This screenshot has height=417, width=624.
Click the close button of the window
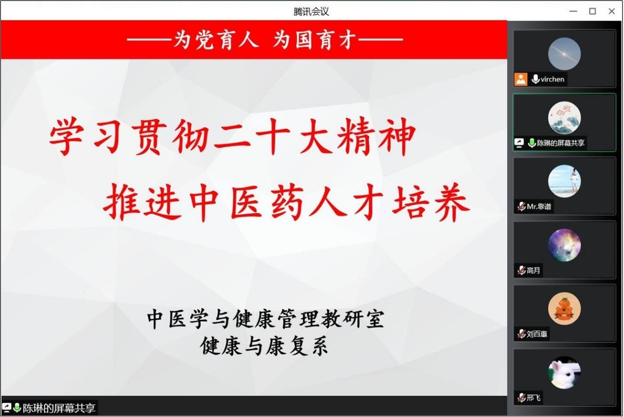[x=611, y=11]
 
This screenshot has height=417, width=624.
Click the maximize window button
[x=593, y=11]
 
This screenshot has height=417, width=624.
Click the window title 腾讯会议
[x=311, y=12]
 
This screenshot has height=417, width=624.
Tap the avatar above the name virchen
[x=564, y=54]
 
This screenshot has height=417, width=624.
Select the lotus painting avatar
[x=564, y=118]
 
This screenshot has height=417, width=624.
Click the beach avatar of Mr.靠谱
[x=564, y=181]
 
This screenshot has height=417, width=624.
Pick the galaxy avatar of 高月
[x=564, y=245]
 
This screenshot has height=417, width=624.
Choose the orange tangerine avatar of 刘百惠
[x=564, y=309]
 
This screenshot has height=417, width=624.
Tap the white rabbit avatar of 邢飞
[x=564, y=373]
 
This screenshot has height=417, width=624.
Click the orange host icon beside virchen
[x=520, y=79]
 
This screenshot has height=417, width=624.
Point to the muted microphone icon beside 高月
[x=521, y=270]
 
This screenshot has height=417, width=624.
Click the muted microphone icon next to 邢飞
[x=521, y=397]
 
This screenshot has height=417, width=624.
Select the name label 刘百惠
[x=537, y=334]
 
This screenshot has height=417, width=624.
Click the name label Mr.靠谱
[x=539, y=207]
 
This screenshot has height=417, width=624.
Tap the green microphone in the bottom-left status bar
[x=17, y=408]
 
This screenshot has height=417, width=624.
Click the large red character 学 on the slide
[x=67, y=137]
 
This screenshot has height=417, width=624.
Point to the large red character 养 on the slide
[x=452, y=202]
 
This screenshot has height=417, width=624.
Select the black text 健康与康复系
[x=264, y=346]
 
